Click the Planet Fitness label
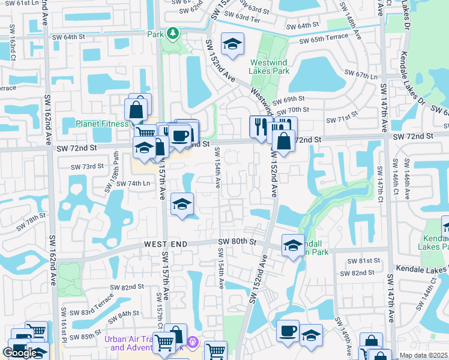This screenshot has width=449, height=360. tap(102, 124)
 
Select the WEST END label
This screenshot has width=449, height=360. tap(165, 244)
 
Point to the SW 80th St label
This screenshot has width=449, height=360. tap(237, 242)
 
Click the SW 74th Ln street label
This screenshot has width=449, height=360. tap(129, 184)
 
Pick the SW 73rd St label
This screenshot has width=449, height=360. tap(88, 167)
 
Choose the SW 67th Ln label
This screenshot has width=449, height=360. tap(364, 76)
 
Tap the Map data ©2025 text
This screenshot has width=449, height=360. tap(423, 355)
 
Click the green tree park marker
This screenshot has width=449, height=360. tap(173, 32)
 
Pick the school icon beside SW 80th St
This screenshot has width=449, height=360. tap(293, 246)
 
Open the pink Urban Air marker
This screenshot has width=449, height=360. tap(192, 343)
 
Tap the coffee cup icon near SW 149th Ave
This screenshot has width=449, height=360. tap(288, 331)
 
